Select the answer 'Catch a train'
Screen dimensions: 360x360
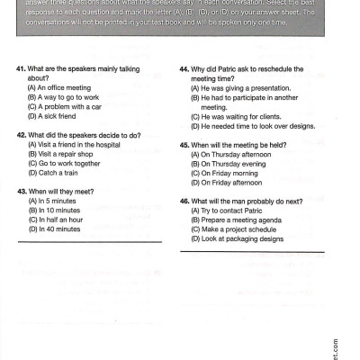(x=55, y=172)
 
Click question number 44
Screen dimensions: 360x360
(x=184, y=69)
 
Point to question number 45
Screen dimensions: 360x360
(x=184, y=145)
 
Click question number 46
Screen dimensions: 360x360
(x=184, y=201)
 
